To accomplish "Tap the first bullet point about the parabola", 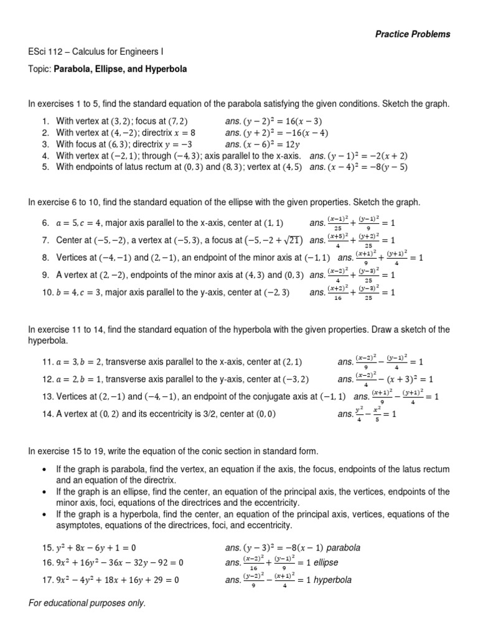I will [x=249, y=474].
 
